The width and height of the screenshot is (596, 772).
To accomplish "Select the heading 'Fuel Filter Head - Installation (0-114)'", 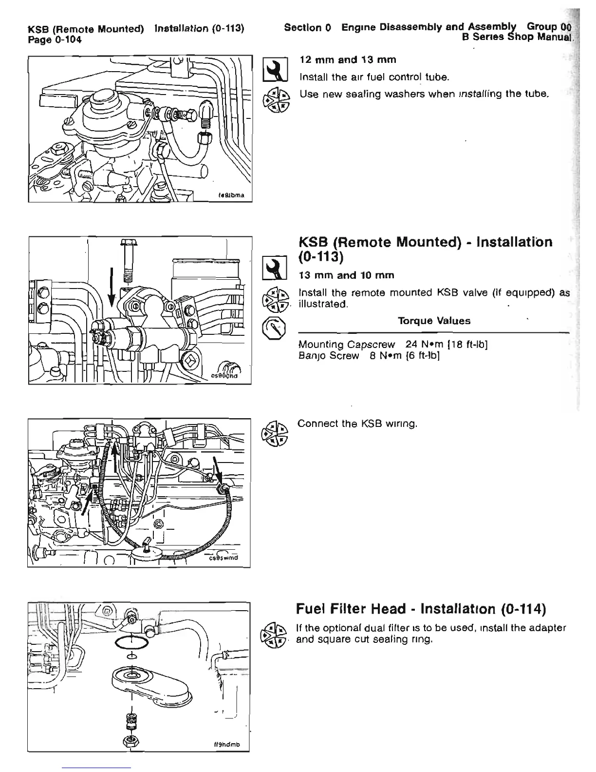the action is (x=421, y=609).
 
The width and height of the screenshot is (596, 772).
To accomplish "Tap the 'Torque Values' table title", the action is (x=434, y=321).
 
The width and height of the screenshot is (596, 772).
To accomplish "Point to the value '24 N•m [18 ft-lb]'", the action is (x=447, y=345).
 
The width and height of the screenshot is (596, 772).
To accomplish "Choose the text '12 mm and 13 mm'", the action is (x=348, y=59).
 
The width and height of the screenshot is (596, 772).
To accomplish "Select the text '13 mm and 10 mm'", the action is (x=346, y=275).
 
